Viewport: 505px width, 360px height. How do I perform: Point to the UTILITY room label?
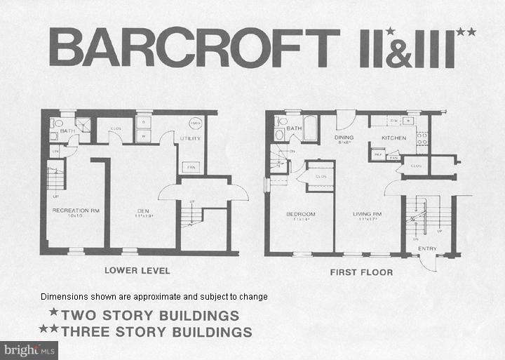190,138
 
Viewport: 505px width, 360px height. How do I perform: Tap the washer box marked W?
143,135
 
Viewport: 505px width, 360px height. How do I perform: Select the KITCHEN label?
393,138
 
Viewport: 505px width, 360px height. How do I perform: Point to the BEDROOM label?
300,213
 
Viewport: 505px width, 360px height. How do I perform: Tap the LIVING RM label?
368,213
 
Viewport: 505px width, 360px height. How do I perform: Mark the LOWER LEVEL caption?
137,271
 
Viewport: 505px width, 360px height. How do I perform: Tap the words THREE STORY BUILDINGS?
156,331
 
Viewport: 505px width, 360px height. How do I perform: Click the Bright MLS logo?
30,348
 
